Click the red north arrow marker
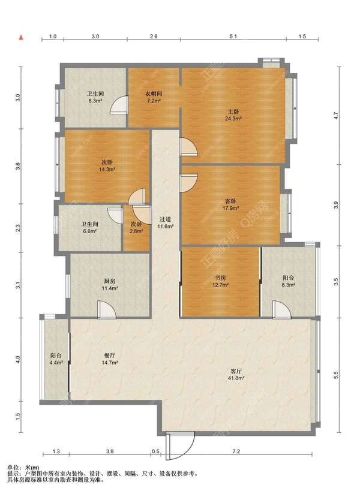point(22,38)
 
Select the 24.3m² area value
point(233,119)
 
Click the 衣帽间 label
point(154,94)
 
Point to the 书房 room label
point(220,278)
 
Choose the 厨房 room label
point(109,281)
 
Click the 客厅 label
point(236,371)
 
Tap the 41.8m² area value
point(236,378)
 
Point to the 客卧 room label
point(230,201)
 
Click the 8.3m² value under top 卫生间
point(95,101)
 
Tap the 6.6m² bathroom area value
point(89,231)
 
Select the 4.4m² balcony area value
point(56,362)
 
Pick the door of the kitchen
point(107,309)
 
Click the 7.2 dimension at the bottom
point(236,451)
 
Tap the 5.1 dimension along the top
point(233,37)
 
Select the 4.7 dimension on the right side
point(336,116)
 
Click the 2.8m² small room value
point(137,231)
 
